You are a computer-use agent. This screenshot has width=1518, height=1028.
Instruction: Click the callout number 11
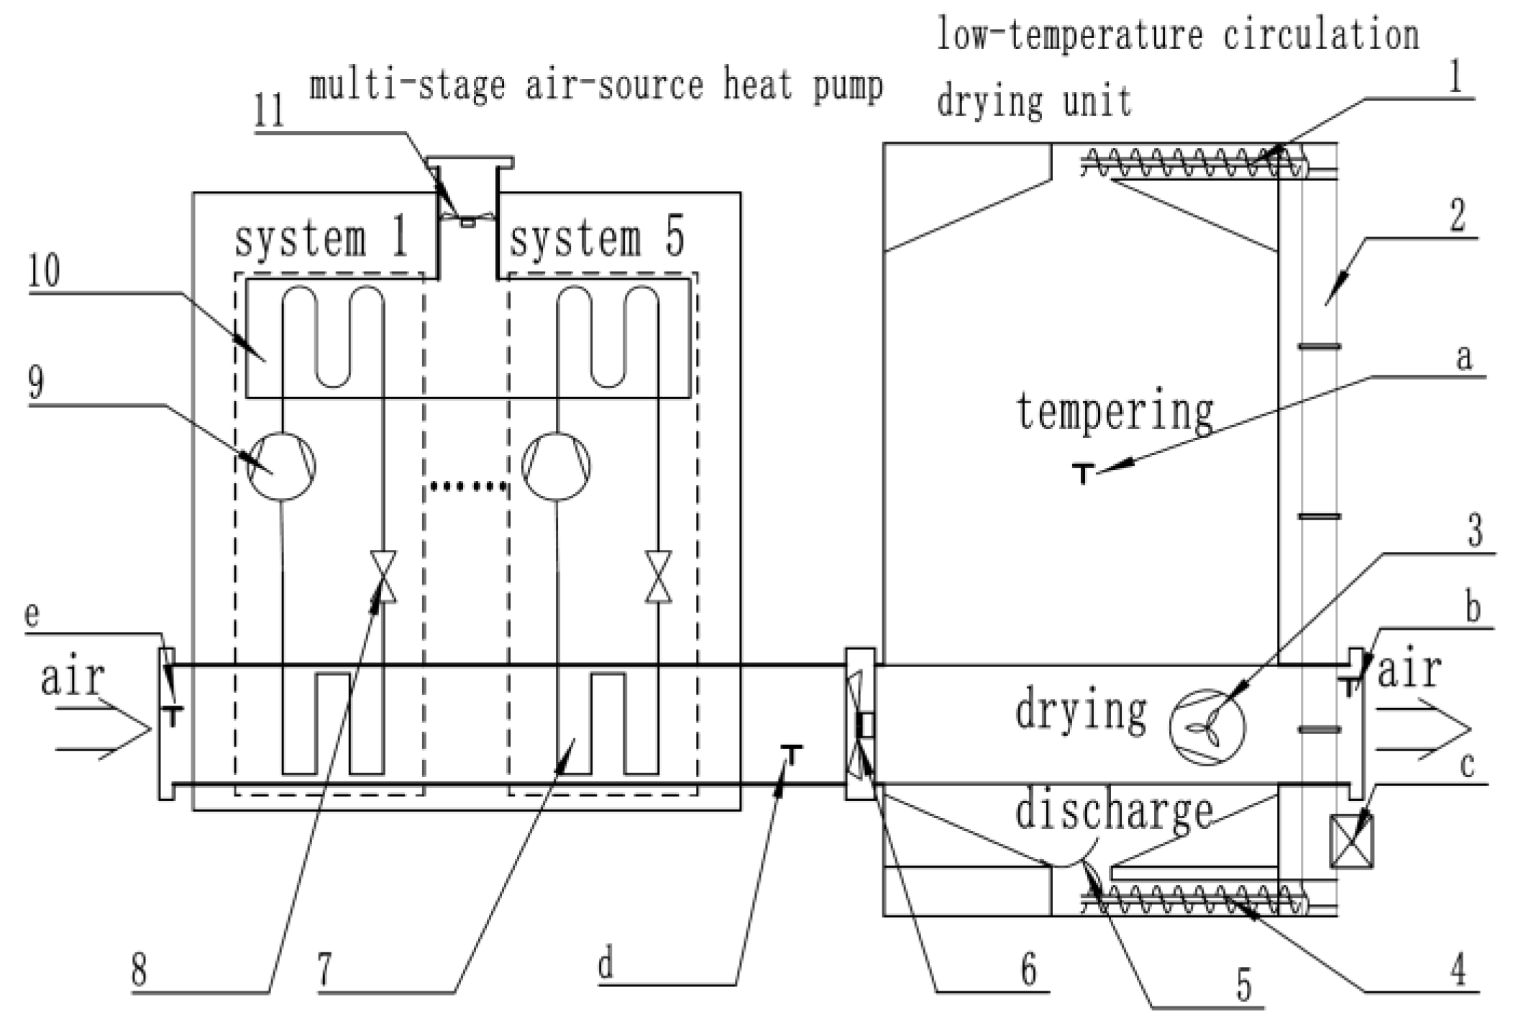pyautogui.click(x=269, y=112)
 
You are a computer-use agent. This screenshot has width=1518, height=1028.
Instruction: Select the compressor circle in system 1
pyautogui.click(x=281, y=466)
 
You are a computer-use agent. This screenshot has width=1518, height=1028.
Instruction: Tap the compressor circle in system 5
pyautogui.click(x=556, y=466)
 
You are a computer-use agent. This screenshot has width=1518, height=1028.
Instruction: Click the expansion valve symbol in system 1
pyautogui.click(x=383, y=577)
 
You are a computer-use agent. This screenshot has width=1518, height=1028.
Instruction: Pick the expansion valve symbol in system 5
pyautogui.click(x=658, y=577)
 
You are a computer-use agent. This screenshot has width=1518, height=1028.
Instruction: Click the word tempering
pyautogui.click(x=1115, y=412)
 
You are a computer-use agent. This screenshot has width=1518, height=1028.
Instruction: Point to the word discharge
pyautogui.click(x=1114, y=812)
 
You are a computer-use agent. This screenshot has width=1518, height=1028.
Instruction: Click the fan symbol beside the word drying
pyautogui.click(x=1207, y=728)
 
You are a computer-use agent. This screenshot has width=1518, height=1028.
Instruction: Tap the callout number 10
pyautogui.click(x=44, y=271)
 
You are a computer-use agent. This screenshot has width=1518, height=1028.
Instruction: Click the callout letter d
pyautogui.click(x=606, y=963)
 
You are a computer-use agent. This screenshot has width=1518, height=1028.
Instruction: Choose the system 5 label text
pyautogui.click(x=596, y=238)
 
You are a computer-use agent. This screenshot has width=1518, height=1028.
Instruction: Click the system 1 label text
pyautogui.click(x=321, y=238)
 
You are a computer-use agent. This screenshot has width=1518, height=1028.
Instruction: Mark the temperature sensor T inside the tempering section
pyautogui.click(x=1083, y=473)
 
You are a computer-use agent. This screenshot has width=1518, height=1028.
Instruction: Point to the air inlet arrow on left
pyautogui.click(x=104, y=730)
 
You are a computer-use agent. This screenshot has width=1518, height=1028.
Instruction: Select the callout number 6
pyautogui.click(x=1028, y=970)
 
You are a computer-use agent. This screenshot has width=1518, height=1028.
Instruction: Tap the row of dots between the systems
pyautogui.click(x=467, y=487)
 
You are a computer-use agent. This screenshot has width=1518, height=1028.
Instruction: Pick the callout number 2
pyautogui.click(x=1457, y=214)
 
